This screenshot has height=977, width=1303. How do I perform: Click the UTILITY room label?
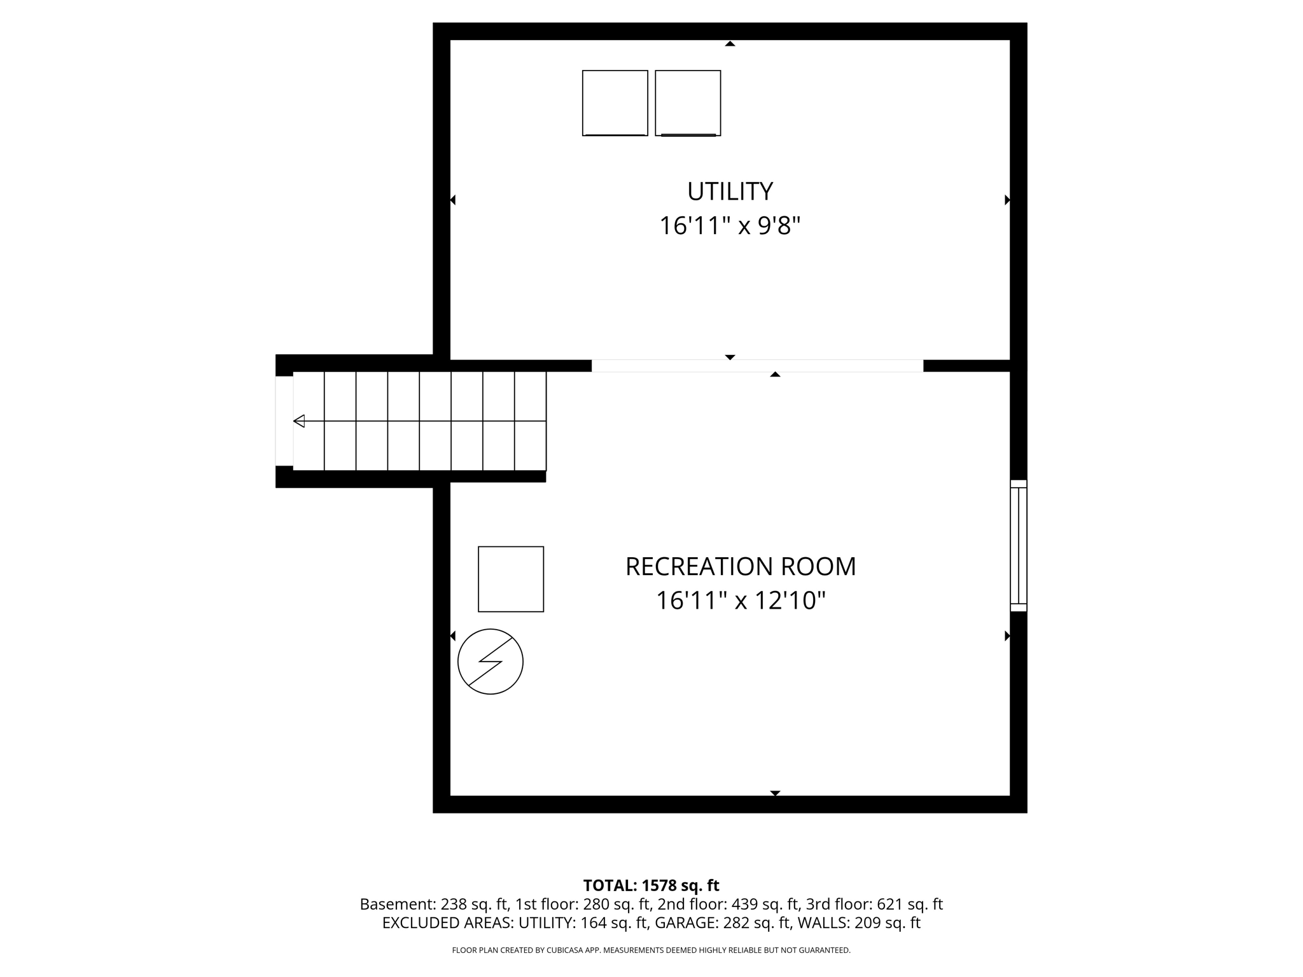click(730, 191)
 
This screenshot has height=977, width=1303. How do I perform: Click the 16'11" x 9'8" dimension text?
click(730, 226)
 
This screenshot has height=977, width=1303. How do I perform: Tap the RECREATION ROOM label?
click(741, 567)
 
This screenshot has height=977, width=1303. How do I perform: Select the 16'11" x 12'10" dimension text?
click(741, 600)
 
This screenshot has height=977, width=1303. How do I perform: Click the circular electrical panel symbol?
click(491, 662)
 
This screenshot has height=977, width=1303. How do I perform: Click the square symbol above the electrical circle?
click(511, 579)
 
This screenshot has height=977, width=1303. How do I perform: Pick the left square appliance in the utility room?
click(615, 103)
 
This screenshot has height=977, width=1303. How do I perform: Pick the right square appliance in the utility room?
click(688, 103)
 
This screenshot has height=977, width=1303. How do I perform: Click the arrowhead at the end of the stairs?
click(299, 421)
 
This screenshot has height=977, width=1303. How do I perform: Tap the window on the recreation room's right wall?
click(1019, 546)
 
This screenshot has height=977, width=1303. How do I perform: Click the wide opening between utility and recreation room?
click(757, 366)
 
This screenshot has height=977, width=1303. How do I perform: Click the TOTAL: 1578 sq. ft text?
click(651, 885)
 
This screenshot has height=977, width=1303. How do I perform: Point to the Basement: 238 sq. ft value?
click(435, 904)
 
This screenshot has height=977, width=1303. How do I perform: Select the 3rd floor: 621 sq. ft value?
click(874, 904)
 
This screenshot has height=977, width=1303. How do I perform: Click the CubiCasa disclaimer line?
click(651, 950)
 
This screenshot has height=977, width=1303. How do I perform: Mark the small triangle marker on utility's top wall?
click(730, 44)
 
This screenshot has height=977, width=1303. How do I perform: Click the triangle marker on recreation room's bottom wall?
click(775, 793)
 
